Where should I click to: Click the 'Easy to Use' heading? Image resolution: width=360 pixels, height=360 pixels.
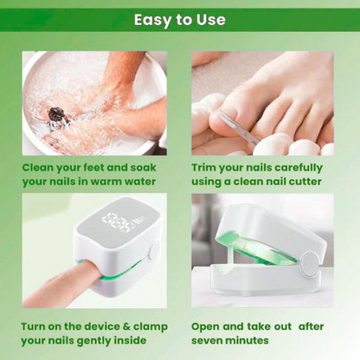[x=180, y=19]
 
